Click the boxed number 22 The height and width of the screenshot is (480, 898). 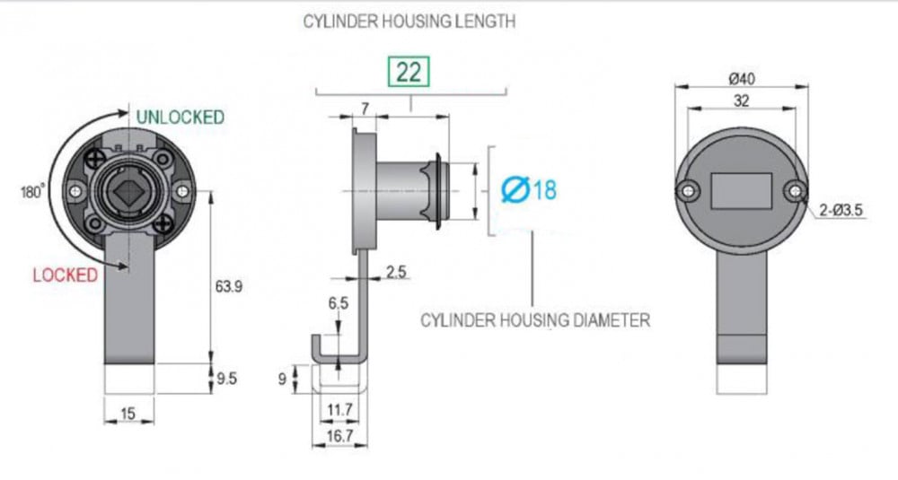tap(409, 72)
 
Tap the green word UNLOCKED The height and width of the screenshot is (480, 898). tap(180, 118)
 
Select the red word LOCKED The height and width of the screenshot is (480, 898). tap(66, 275)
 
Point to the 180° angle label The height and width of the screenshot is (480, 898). tap(32, 192)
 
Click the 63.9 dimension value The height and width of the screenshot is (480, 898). tap(228, 286)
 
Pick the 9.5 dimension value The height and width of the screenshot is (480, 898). tap(226, 378)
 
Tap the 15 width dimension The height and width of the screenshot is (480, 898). tap(128, 413)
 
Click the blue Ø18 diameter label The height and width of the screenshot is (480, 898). tap(529, 189)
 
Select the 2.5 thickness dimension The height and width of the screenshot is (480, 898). tap(396, 271)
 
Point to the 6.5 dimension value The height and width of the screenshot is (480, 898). tap(338, 302)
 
